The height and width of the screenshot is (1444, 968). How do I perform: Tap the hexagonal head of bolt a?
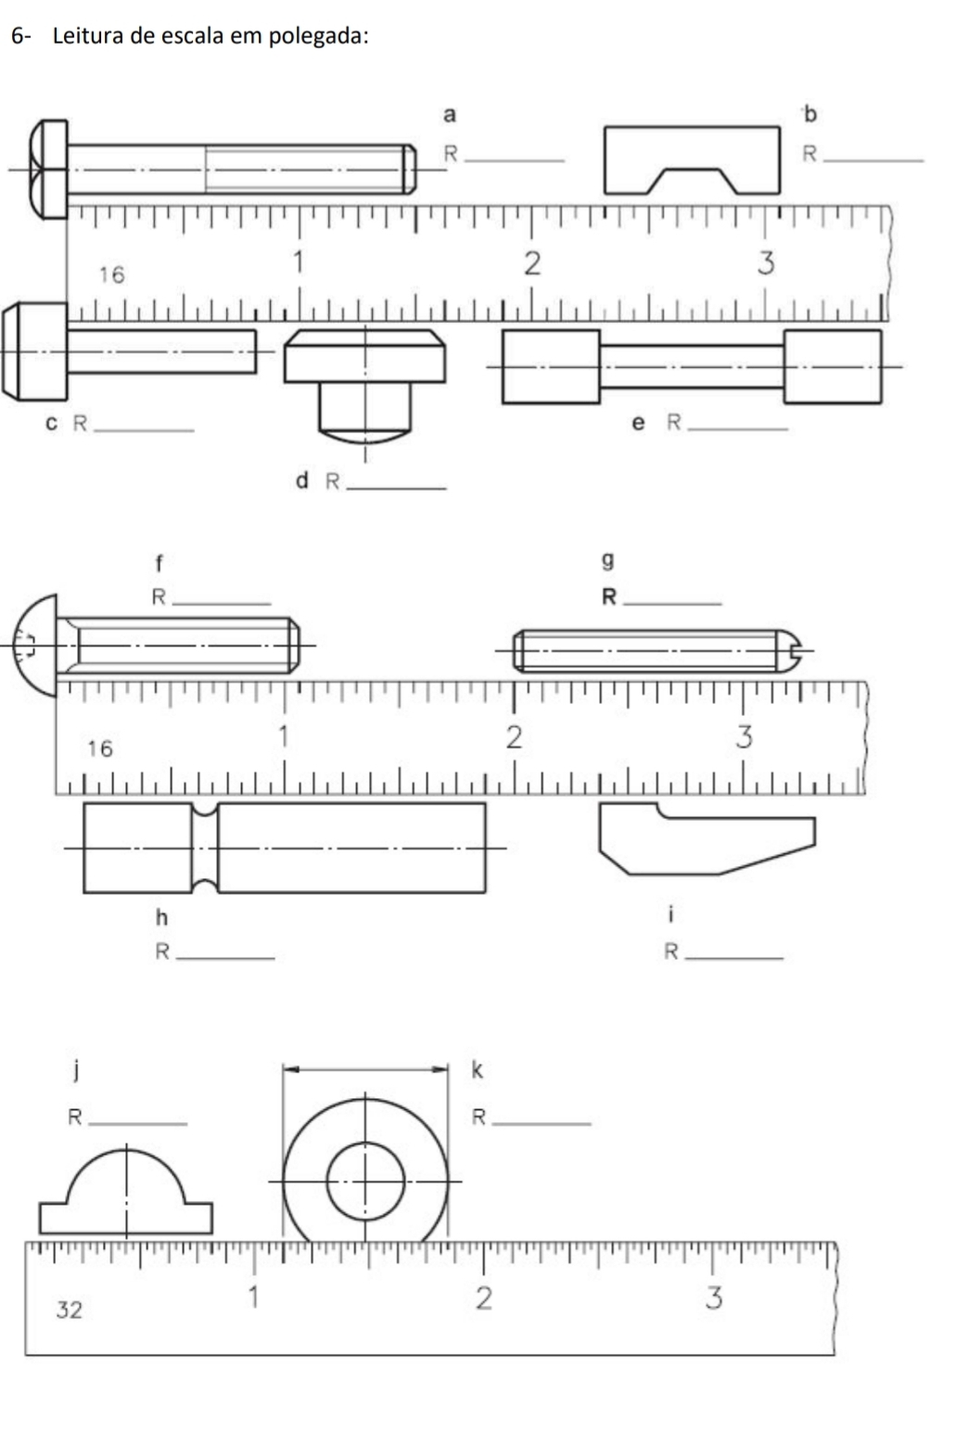point(48,170)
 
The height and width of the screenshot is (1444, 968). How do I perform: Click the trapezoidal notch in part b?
point(693,181)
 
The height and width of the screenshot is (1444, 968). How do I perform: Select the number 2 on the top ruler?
point(531,263)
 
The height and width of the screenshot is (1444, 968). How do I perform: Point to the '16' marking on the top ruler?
point(111,275)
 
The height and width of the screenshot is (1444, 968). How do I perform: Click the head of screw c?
point(35,351)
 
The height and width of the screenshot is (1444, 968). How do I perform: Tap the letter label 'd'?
point(301,480)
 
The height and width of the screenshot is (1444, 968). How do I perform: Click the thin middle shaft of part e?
point(692,367)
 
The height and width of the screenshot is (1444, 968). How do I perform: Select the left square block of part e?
point(551,367)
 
